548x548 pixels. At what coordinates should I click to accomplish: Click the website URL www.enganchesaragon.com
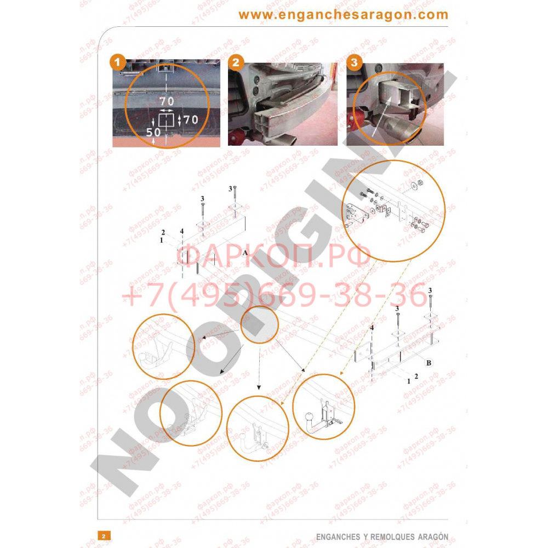coord(343,15)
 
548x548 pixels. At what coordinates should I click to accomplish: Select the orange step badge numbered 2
coord(236,62)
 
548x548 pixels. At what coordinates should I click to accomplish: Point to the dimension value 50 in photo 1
coord(153,132)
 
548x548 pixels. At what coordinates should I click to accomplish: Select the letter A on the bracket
coord(245,252)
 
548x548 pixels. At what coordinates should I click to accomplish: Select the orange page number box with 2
coord(104,535)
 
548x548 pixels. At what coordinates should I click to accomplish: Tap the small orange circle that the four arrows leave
coord(259,324)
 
